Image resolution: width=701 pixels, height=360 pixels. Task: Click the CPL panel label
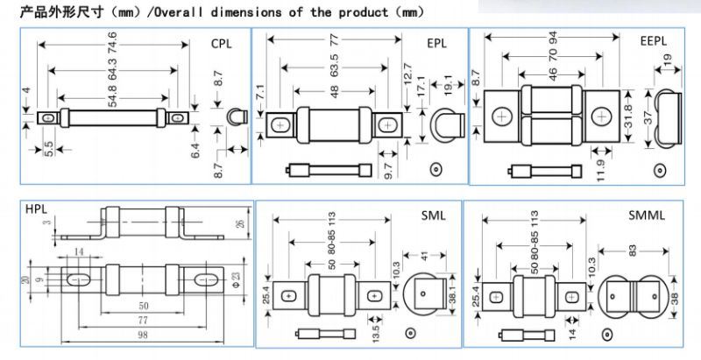tap(222, 44)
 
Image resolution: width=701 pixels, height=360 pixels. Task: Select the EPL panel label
tap(436, 43)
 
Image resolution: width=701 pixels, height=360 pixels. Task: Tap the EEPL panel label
tap(653, 41)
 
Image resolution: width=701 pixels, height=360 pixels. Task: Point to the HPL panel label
tap(36, 209)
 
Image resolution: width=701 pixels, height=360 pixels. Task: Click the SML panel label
tap(433, 215)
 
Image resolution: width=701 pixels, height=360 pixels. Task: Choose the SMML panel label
tap(647, 215)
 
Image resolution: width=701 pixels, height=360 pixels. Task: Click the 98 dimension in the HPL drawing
tap(142, 335)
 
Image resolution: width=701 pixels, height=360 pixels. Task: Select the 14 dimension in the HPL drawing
tap(79, 252)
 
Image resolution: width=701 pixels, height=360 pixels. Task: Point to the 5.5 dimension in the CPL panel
tap(49, 149)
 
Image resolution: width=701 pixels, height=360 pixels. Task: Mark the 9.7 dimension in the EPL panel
tap(387, 171)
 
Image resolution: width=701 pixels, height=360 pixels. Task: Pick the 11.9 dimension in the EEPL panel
tap(600, 170)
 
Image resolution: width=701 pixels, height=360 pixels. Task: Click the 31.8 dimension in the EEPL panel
tap(628, 117)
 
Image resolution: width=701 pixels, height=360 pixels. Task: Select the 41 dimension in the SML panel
tap(424, 256)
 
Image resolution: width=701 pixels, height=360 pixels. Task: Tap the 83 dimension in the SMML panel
tap(633, 251)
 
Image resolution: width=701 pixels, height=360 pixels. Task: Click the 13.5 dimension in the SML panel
tap(375, 332)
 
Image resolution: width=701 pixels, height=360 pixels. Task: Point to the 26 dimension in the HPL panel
tap(241, 222)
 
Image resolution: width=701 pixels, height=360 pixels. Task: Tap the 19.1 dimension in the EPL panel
tap(449, 85)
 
